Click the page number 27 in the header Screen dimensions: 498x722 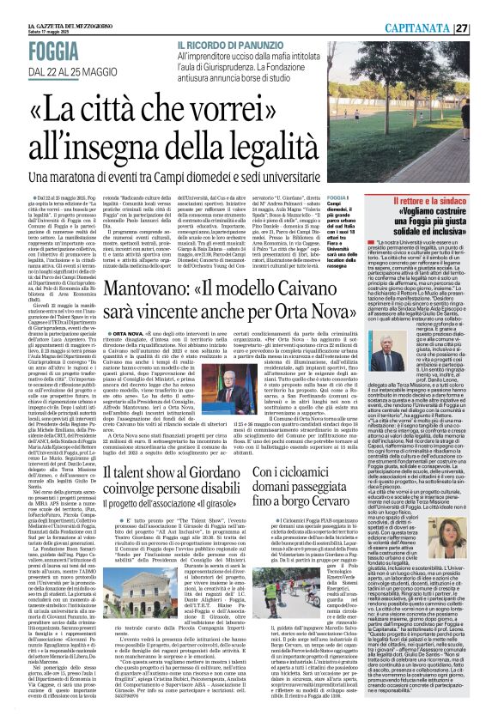click(484, 9)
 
